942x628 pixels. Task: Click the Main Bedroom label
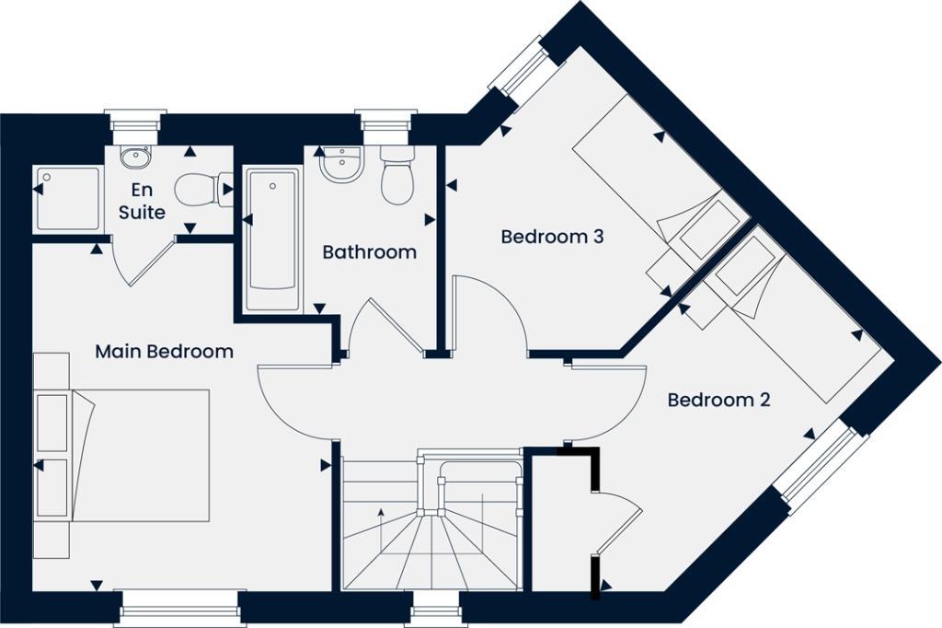pyautogui.click(x=164, y=352)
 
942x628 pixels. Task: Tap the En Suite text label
pyautogui.click(x=143, y=202)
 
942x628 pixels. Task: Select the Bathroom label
pyautogui.click(x=369, y=251)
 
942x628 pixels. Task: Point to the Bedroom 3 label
pyautogui.click(x=552, y=237)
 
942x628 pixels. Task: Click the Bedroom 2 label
pyautogui.click(x=718, y=401)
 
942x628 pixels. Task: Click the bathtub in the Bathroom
pyautogui.click(x=273, y=238)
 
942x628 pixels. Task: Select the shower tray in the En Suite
pyautogui.click(x=66, y=198)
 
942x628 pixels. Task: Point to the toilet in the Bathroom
pyautogui.click(x=397, y=177)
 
